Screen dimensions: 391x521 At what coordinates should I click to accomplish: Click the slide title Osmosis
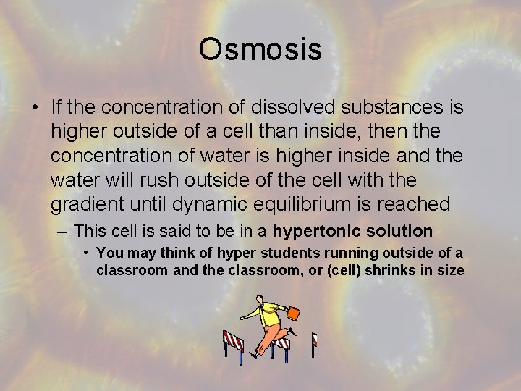pyautogui.click(x=260, y=49)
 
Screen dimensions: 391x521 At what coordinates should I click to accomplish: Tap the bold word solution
pyautogui.click(x=397, y=231)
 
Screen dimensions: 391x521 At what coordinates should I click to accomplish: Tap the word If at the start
pyautogui.click(x=59, y=108)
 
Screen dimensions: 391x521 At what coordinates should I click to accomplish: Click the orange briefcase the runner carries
pyautogui.click(x=294, y=314)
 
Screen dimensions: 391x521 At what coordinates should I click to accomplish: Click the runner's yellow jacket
pyautogui.click(x=271, y=314)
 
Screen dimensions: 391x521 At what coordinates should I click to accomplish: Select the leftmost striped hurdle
pyautogui.click(x=233, y=345)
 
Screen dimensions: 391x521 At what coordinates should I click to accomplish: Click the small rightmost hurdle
pyautogui.click(x=314, y=342)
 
